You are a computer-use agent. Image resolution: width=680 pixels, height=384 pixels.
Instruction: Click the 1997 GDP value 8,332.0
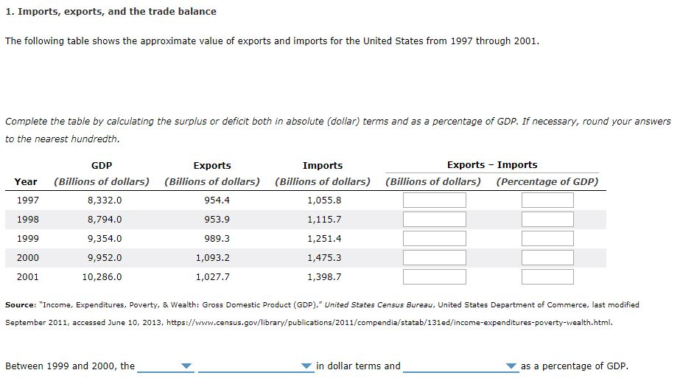[105, 200]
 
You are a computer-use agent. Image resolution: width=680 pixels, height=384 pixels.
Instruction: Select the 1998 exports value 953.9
[217, 220]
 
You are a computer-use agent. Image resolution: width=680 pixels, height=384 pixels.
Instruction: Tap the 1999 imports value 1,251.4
[324, 239]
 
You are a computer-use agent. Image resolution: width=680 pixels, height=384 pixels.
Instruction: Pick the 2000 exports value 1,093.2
[213, 258]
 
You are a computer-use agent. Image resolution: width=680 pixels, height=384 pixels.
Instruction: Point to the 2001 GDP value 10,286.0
[102, 277]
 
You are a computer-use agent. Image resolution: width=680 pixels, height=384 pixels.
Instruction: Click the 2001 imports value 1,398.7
[324, 277]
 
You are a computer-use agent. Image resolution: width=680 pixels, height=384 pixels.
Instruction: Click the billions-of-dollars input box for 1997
[434, 200]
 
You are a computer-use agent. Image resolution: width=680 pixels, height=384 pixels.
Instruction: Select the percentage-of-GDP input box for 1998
[547, 220]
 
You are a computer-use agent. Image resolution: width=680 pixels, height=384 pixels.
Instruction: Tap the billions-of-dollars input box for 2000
[434, 258]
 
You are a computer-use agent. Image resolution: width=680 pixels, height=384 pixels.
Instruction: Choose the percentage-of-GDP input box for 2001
[547, 277]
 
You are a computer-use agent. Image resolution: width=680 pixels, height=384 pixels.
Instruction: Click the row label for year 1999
[28, 239]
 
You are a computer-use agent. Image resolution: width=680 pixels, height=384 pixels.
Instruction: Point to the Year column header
[26, 181]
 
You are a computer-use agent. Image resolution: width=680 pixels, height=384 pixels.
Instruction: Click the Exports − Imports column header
[491, 165]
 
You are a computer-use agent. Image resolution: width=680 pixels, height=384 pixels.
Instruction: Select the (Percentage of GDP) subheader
[547, 181]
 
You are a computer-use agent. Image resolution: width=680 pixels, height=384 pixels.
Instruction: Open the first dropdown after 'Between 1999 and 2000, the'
[166, 366]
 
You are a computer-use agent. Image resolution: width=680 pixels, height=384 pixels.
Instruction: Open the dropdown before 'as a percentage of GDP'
[460, 366]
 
